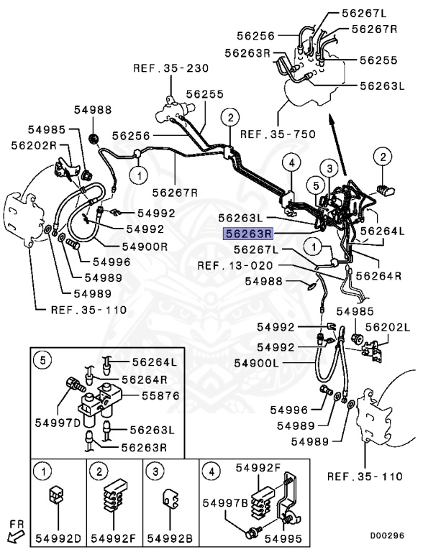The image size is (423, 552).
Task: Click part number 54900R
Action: [x=147, y=246]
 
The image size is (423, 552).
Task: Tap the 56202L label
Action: [x=388, y=326]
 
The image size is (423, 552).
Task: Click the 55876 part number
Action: [x=149, y=396]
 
